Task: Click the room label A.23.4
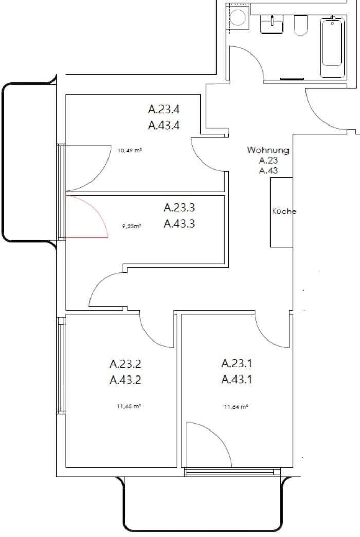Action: pos(164,109)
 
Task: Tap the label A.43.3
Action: pos(179,224)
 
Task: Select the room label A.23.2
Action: pos(125,364)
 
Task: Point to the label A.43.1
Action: pos(237,380)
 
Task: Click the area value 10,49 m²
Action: pos(130,150)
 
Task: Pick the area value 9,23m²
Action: pos(132,226)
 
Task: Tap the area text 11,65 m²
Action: pos(129,406)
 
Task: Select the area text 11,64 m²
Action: pos(236,407)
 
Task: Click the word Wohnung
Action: pos(268,150)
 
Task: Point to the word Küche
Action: pos(284,211)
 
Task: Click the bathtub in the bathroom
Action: pos(332,47)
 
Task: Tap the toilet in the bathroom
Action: pos(300,25)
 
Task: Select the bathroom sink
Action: pos(272,25)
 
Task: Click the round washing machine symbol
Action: pos(238,17)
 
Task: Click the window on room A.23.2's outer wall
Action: pos(62,365)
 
